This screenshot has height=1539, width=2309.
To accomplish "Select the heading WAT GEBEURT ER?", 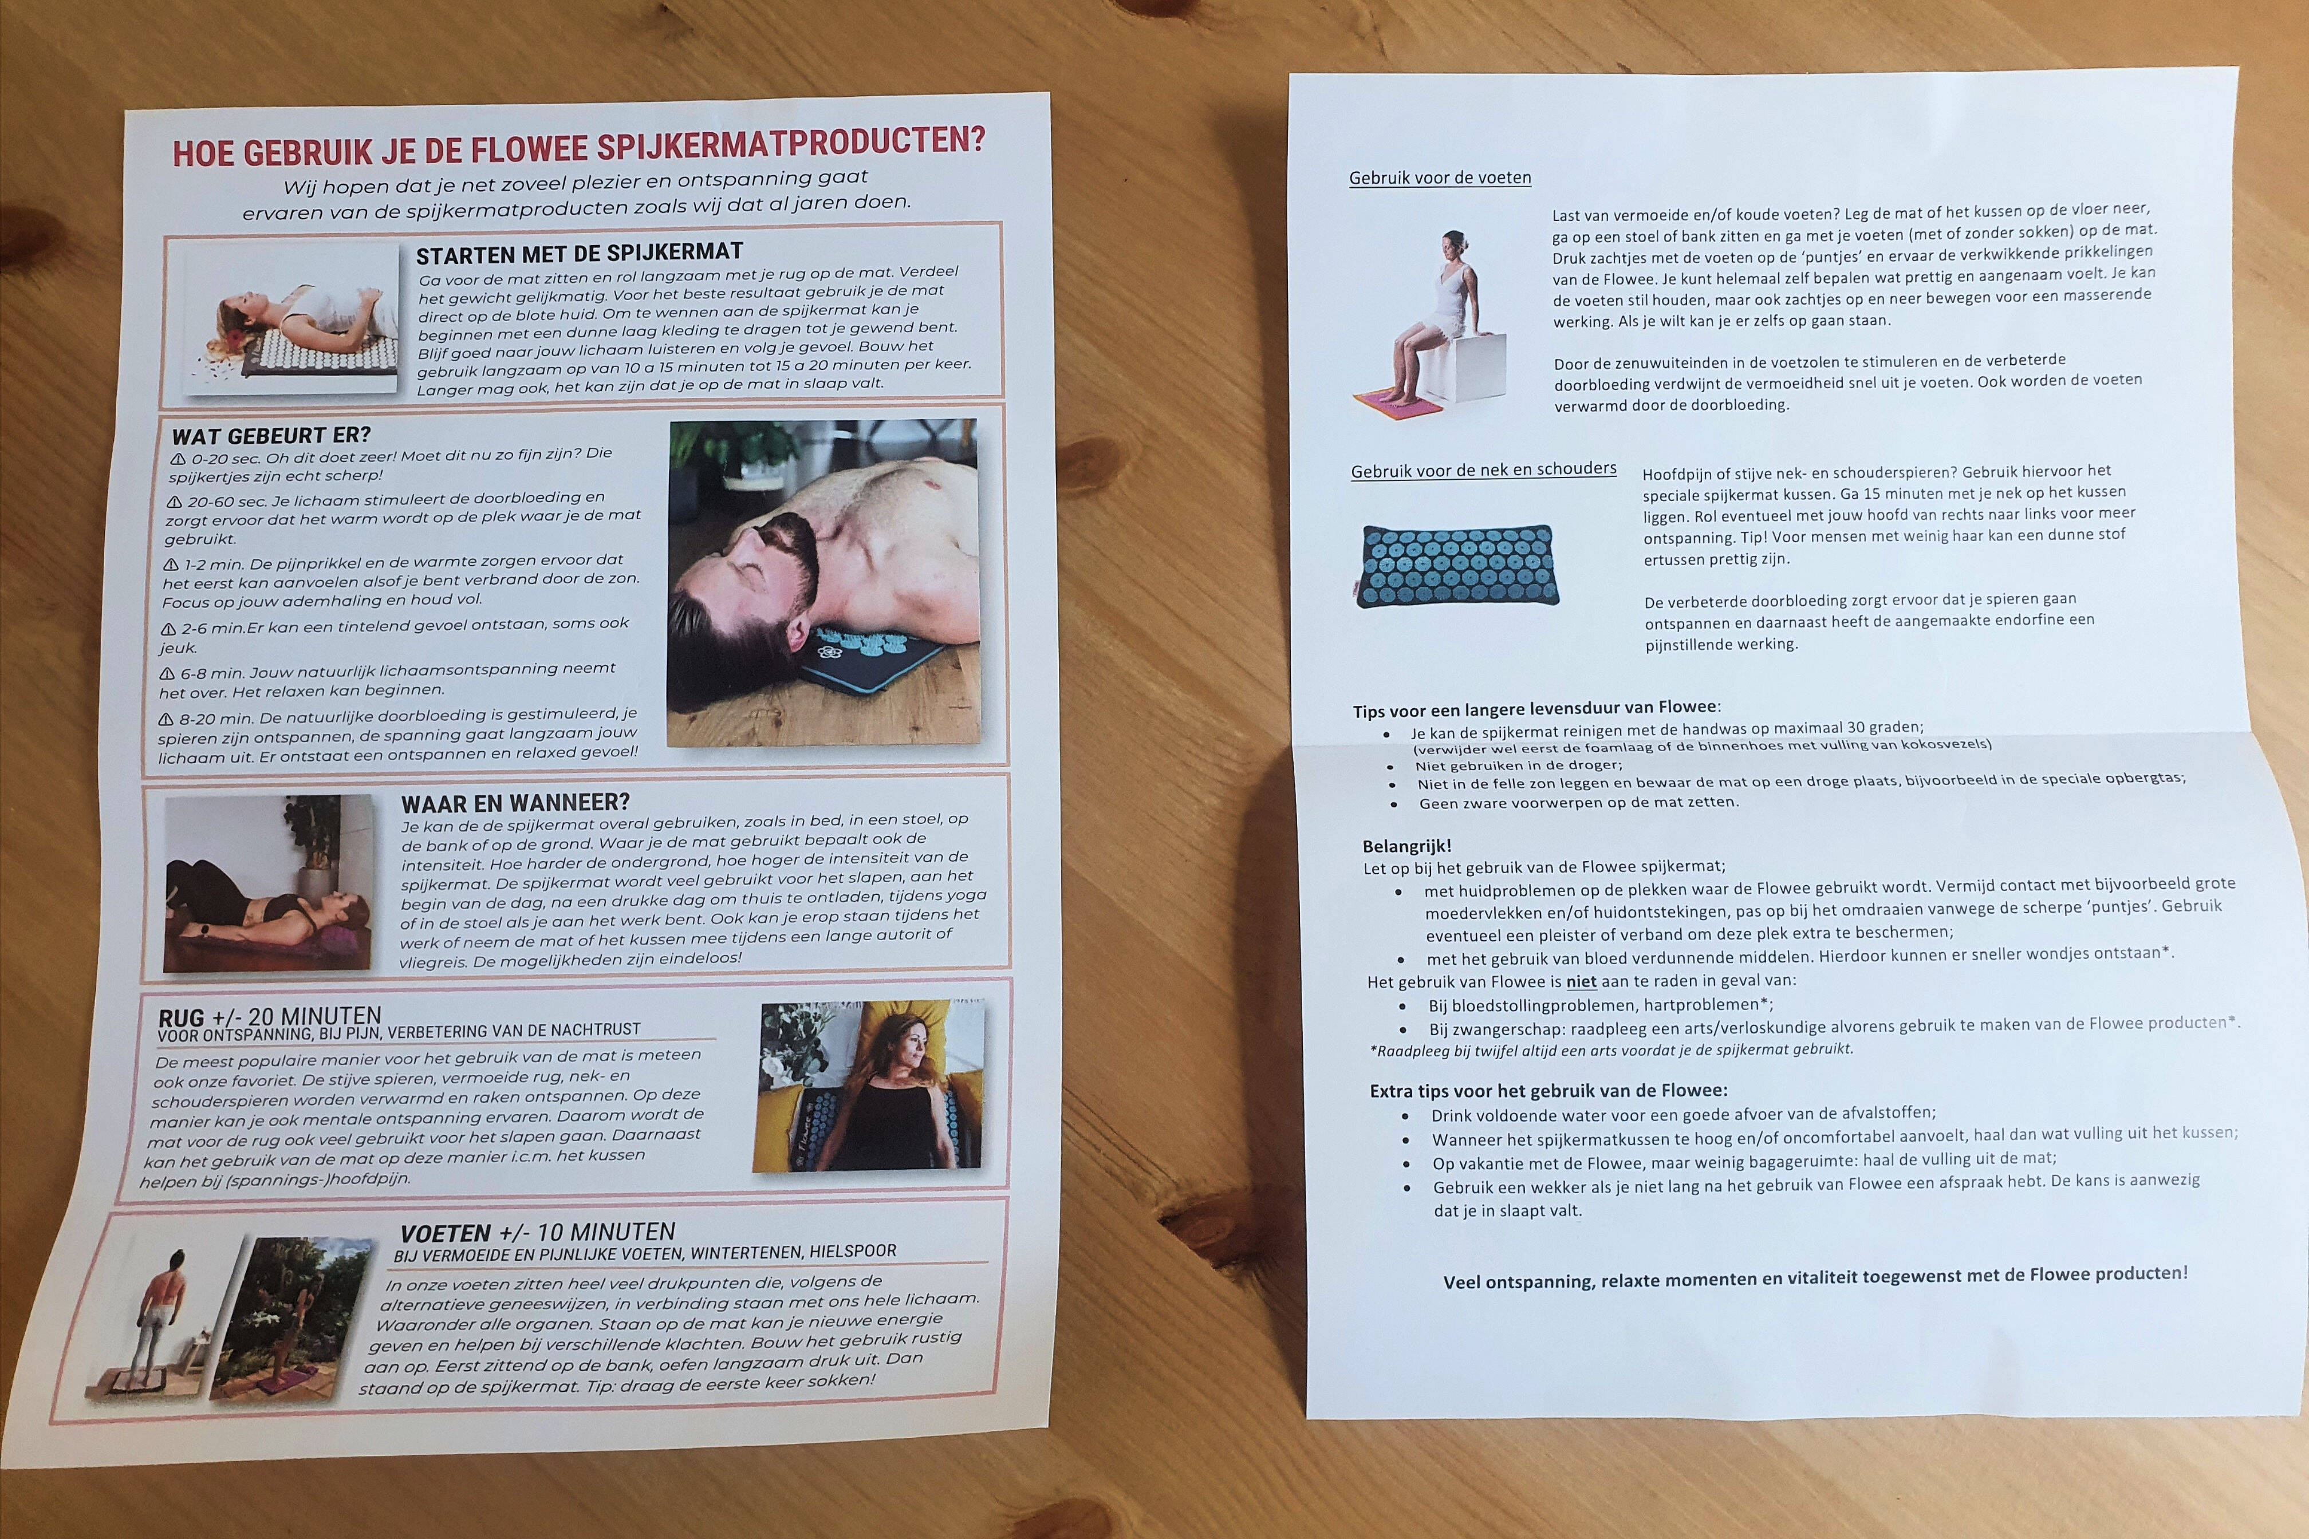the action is click(271, 435).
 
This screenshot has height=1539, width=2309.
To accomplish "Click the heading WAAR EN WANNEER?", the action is click(515, 802).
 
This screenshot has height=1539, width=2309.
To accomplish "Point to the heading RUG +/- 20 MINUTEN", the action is click(269, 1018).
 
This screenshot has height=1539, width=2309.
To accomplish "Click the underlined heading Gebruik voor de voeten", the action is click(1440, 177).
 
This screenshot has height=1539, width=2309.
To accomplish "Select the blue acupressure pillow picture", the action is click(1457, 565).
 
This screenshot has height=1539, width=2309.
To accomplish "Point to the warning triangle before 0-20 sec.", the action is click(178, 459).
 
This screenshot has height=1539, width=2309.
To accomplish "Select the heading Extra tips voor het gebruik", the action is click(1548, 1091).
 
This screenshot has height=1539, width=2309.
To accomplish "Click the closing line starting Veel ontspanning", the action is click(1815, 1277).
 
